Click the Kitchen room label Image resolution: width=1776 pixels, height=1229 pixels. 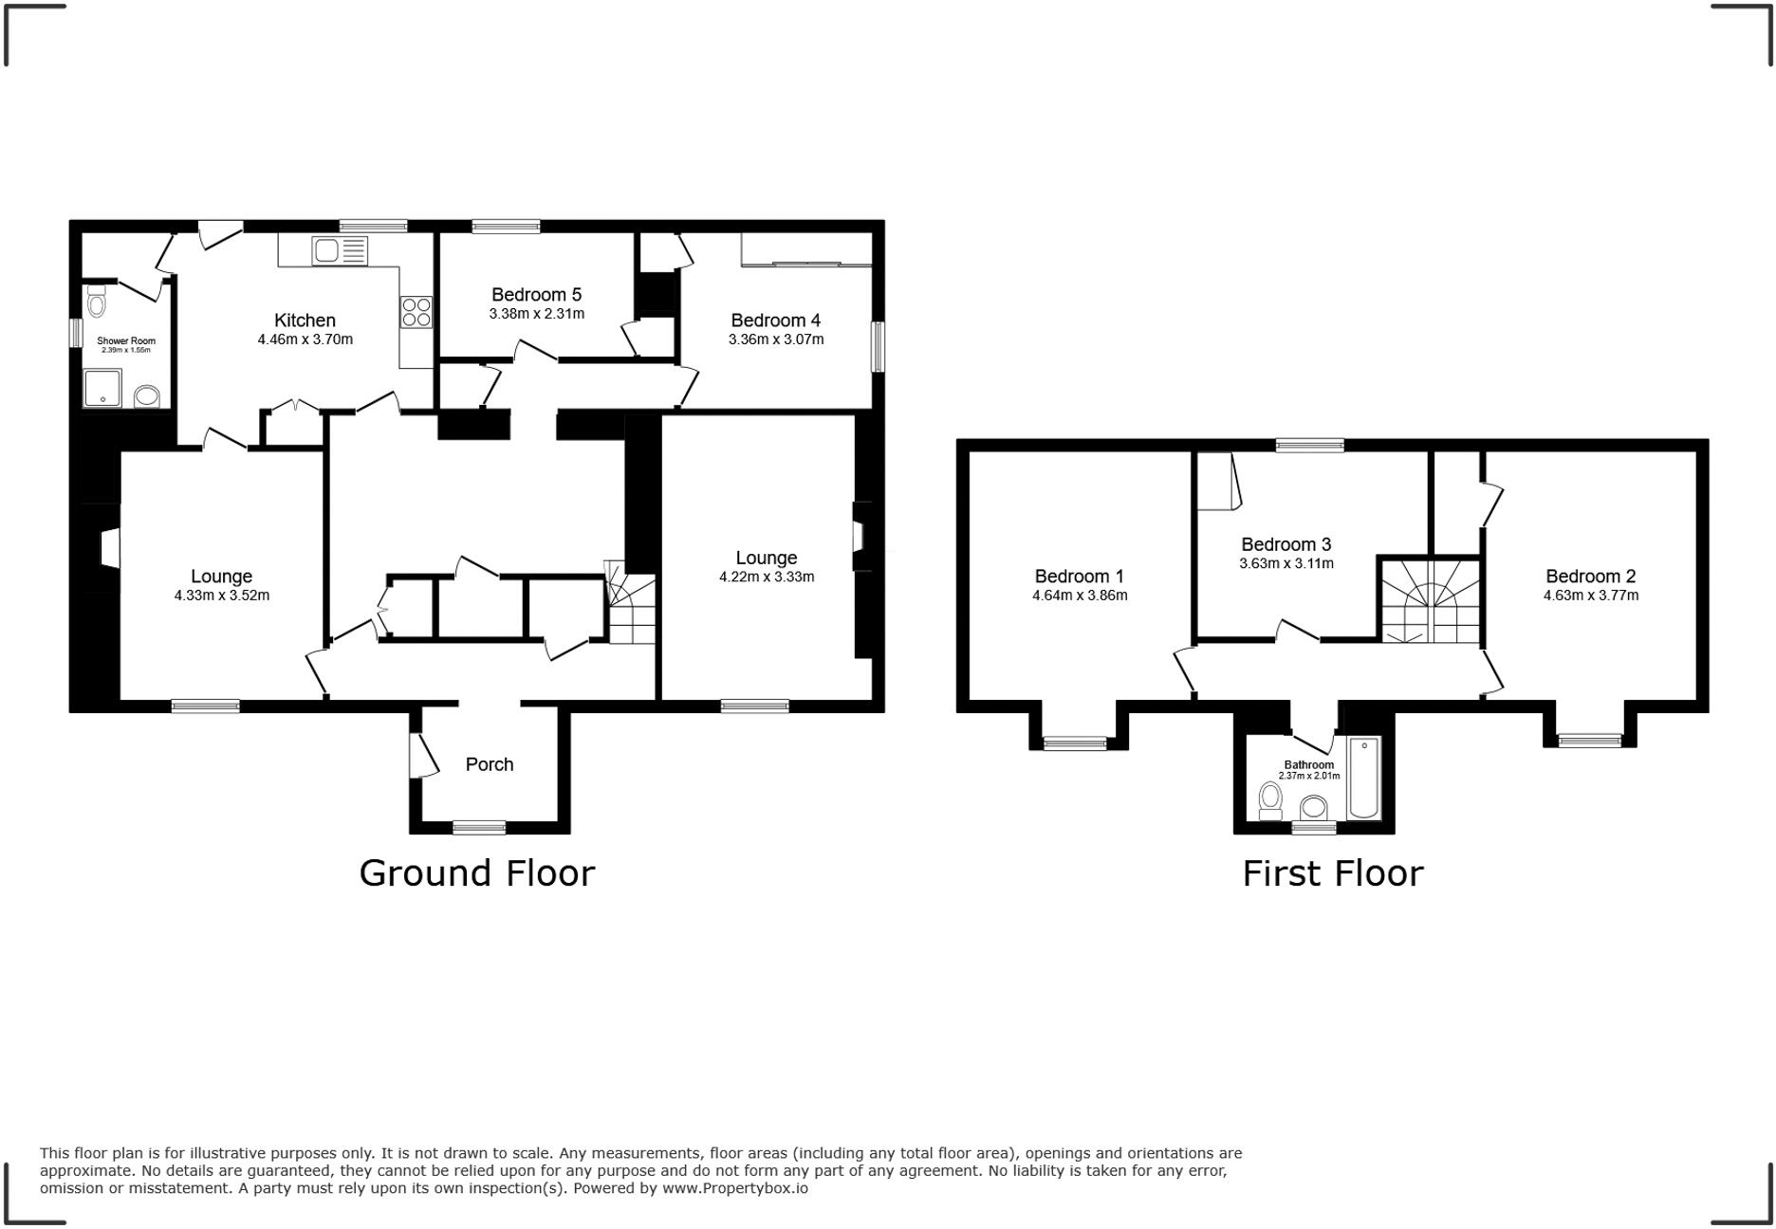pyautogui.click(x=305, y=321)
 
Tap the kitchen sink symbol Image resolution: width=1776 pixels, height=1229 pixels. pyautogui.click(x=339, y=251)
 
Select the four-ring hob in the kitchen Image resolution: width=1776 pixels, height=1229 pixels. pyautogui.click(x=416, y=312)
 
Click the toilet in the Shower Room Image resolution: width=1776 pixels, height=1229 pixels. pyautogui.click(x=96, y=303)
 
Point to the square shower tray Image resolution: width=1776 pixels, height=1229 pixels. pyautogui.click(x=102, y=388)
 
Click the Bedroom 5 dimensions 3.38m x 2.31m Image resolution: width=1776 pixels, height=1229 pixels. pyautogui.click(x=536, y=314)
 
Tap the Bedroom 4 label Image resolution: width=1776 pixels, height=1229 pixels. pyautogui.click(x=775, y=321)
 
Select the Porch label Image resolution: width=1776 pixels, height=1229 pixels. pyautogui.click(x=489, y=764)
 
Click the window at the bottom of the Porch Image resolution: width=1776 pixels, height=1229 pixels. pyautogui.click(x=479, y=828)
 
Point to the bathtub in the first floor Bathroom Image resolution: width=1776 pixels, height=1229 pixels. pyautogui.click(x=1364, y=778)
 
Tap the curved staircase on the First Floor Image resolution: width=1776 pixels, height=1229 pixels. pyautogui.click(x=1430, y=601)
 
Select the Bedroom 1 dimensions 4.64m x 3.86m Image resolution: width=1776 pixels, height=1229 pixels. pyautogui.click(x=1080, y=596)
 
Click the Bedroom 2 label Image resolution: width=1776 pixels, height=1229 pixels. pyautogui.click(x=1590, y=576)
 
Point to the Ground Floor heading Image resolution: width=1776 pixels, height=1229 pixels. pyautogui.click(x=476, y=872)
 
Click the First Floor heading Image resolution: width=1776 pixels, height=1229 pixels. pyautogui.click(x=1332, y=872)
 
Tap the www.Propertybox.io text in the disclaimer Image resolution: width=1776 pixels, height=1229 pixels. pyautogui.click(x=735, y=1188)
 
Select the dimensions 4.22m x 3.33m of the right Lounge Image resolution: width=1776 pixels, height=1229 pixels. pyautogui.click(x=766, y=577)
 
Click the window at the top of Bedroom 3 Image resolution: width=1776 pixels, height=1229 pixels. pyautogui.click(x=1309, y=445)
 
